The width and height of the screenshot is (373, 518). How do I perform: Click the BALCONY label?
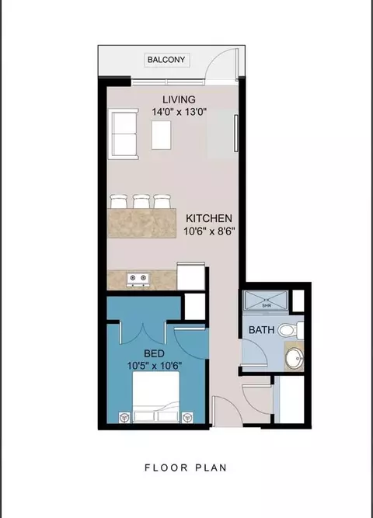pyautogui.click(x=166, y=60)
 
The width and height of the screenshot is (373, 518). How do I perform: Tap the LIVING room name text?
pyautogui.click(x=179, y=99)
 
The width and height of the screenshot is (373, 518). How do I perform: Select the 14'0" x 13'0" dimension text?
pyautogui.click(x=180, y=112)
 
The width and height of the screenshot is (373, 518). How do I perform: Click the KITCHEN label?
pyautogui.click(x=209, y=218)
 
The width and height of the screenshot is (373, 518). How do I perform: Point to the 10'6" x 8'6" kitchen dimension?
pyautogui.click(x=209, y=231)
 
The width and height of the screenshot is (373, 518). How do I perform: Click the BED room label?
pyautogui.click(x=155, y=353)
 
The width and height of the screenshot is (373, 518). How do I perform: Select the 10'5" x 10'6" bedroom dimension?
pyautogui.click(x=155, y=366)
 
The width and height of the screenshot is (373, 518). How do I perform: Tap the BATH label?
pyautogui.click(x=261, y=330)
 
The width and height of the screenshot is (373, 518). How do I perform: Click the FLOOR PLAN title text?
pyautogui.click(x=186, y=468)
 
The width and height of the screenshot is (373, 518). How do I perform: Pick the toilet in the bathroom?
pyautogui.click(x=291, y=330)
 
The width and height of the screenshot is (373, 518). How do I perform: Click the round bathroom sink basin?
pyautogui.click(x=295, y=358)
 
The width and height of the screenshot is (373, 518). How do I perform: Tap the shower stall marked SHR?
pyautogui.click(x=265, y=301)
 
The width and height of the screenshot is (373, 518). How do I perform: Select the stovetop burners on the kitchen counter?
pyautogui.click(x=138, y=280)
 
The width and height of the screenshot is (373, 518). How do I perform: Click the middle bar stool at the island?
pyautogui.click(x=142, y=201)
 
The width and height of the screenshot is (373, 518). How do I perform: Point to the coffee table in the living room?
pyautogui.click(x=162, y=135)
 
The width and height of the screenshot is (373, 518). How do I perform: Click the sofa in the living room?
pyautogui.click(x=123, y=134)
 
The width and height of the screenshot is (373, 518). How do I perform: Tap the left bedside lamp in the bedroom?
pyautogui.click(x=124, y=417)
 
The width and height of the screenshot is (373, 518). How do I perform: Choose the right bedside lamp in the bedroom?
pyautogui.click(x=187, y=417)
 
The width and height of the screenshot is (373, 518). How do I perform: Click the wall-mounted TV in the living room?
pyautogui.click(x=236, y=133)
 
